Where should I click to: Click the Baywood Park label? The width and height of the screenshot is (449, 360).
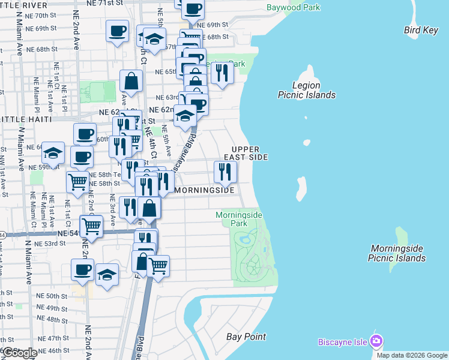click(x=293, y=8)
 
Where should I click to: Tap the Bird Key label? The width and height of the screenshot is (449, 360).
click(x=421, y=31)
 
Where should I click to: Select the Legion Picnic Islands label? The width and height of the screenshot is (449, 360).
click(x=306, y=90)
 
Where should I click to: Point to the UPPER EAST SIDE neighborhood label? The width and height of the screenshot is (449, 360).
click(x=246, y=153)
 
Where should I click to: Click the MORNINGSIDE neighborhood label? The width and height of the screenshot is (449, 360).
click(x=204, y=190)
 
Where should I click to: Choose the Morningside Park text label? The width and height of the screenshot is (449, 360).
click(x=231, y=219)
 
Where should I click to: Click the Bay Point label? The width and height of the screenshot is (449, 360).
click(x=246, y=337)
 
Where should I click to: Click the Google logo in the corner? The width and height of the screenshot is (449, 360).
click(x=20, y=353)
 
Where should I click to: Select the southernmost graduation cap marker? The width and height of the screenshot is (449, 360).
click(x=107, y=275)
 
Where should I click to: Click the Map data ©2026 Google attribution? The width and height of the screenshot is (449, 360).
click(x=412, y=355)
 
